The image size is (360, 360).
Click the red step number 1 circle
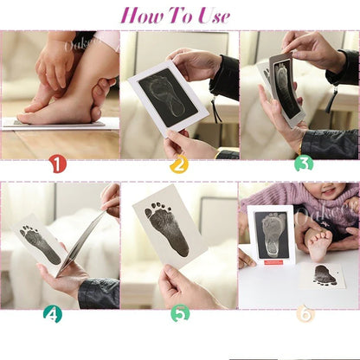pyautogui.click(x=57, y=163)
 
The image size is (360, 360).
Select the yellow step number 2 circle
pyautogui.click(x=179, y=163)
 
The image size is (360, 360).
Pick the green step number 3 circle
pyautogui.click(x=302, y=163)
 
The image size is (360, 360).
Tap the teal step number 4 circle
pyautogui.click(x=53, y=313)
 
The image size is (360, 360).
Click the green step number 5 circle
pyautogui.click(x=179, y=313)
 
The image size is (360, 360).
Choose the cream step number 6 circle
pyautogui.click(x=305, y=313)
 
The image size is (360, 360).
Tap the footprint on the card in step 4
pyautogui.click(x=41, y=244)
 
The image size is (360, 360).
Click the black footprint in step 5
pyautogui.click(x=166, y=228)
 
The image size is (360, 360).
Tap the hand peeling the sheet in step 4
pyautogui.click(x=110, y=199)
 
